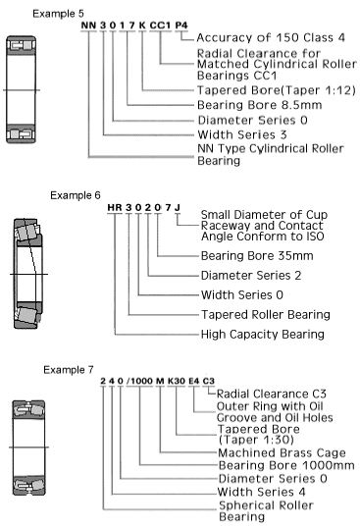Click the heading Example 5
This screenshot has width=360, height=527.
coord(58,14)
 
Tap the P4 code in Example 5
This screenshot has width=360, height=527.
coord(181,26)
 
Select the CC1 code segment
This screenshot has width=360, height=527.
coord(160,26)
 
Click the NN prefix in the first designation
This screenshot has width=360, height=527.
coord(88,26)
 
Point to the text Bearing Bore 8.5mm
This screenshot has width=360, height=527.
coord(260,105)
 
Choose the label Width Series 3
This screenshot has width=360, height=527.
coord(242,134)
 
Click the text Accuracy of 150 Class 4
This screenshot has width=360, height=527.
coord(271,37)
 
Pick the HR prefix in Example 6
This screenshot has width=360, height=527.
coord(115,207)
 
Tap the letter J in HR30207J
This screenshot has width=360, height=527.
coord(178,207)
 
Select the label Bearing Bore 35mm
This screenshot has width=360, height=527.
coord(257,256)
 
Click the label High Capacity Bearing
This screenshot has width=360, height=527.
coord(263,335)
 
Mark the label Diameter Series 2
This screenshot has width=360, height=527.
coord(251,276)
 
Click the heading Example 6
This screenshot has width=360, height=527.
coord(76,195)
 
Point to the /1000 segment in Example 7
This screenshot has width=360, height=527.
coord(140,381)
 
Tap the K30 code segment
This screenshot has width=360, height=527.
coord(177,381)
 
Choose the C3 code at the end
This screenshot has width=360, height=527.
coord(209,381)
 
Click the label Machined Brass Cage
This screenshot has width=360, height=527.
coord(282,453)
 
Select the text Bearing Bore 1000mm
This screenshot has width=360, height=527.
coord(286,466)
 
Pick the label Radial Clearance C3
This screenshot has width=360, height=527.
coord(272,394)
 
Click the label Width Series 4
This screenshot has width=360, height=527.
coord(261,492)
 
